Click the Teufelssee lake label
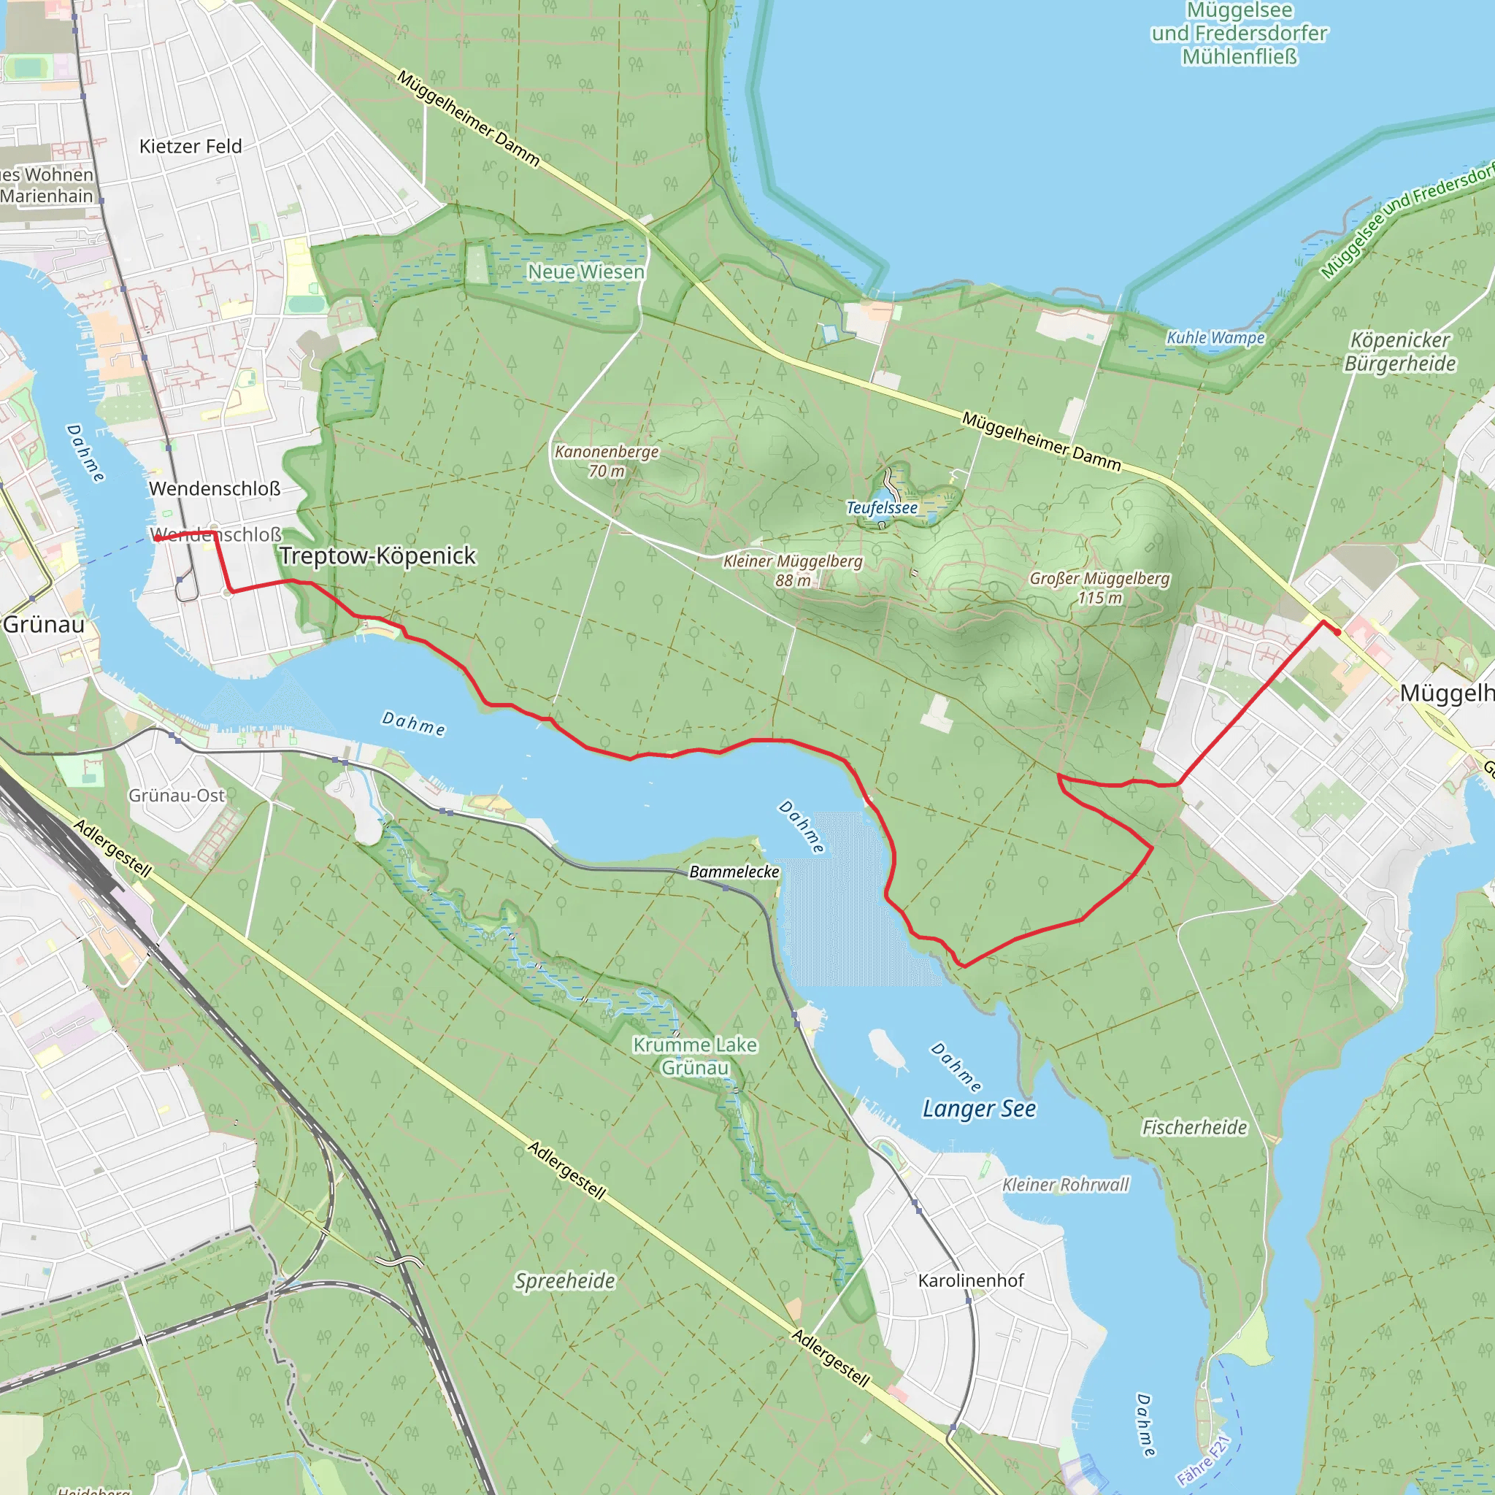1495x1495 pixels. [x=881, y=507]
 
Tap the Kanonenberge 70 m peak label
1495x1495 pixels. [x=607, y=461]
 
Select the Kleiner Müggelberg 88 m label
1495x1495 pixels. [x=792, y=570]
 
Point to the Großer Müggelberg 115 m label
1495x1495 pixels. [x=1099, y=588]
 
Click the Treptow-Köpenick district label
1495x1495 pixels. [x=377, y=556]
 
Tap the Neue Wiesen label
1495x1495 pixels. [x=585, y=272]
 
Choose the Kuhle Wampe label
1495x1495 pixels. [x=1215, y=337]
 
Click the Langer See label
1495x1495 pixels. [x=978, y=1108]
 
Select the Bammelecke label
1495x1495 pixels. [x=734, y=872]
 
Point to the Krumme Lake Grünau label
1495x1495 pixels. [x=695, y=1056]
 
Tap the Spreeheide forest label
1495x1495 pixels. [x=565, y=1280]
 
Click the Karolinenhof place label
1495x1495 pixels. [x=970, y=1280]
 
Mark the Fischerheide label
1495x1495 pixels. [x=1194, y=1127]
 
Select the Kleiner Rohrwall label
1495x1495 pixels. [x=1065, y=1185]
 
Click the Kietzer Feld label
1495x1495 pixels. [x=191, y=146]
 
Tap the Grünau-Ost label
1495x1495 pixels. [x=177, y=796]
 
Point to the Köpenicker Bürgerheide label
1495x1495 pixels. [x=1400, y=351]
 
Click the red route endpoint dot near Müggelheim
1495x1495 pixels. [x=1338, y=632]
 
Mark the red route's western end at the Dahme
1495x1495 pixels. [x=155, y=539]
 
